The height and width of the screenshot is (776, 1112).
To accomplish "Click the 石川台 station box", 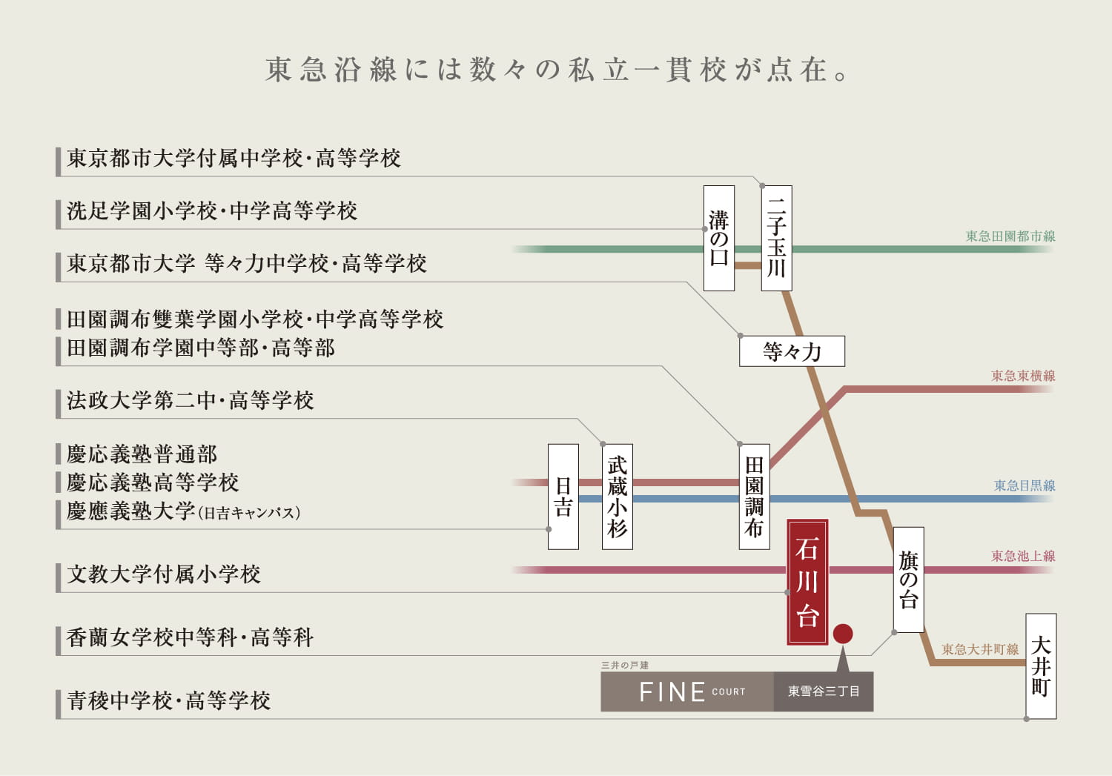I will pos(807,582).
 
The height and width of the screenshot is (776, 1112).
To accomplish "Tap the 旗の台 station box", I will pos(908,579).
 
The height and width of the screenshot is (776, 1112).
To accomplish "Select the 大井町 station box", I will pos(1041,666).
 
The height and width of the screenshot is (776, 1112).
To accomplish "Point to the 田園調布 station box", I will pos(754,496).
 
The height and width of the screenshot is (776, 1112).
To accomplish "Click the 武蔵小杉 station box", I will pos(617,496).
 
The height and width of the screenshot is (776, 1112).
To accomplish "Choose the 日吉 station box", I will pos(563,496).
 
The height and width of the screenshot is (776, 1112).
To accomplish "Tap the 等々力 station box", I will pos(792,351).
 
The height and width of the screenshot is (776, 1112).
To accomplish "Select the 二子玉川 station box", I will pos(776,238).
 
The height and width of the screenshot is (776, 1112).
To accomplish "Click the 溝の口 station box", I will pos(718,238).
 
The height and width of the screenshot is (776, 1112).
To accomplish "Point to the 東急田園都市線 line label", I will pos(1010,236).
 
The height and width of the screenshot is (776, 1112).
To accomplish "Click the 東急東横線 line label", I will pos(1022,376).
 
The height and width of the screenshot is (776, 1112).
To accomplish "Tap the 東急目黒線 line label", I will pos(1024,486).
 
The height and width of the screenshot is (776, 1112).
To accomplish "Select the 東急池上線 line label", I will pos(1022,556).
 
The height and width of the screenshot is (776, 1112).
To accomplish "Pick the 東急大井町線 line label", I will pos(979,650).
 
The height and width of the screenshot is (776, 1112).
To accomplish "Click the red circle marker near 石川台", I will pos(843,634).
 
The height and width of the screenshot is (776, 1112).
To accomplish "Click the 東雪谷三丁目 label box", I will pos(824,692).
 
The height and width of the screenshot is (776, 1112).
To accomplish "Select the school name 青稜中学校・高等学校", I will pos(169,700).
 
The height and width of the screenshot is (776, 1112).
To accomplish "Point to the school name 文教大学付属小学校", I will pos(164,574).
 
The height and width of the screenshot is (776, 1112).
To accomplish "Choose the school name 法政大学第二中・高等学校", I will pos(191,401).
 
